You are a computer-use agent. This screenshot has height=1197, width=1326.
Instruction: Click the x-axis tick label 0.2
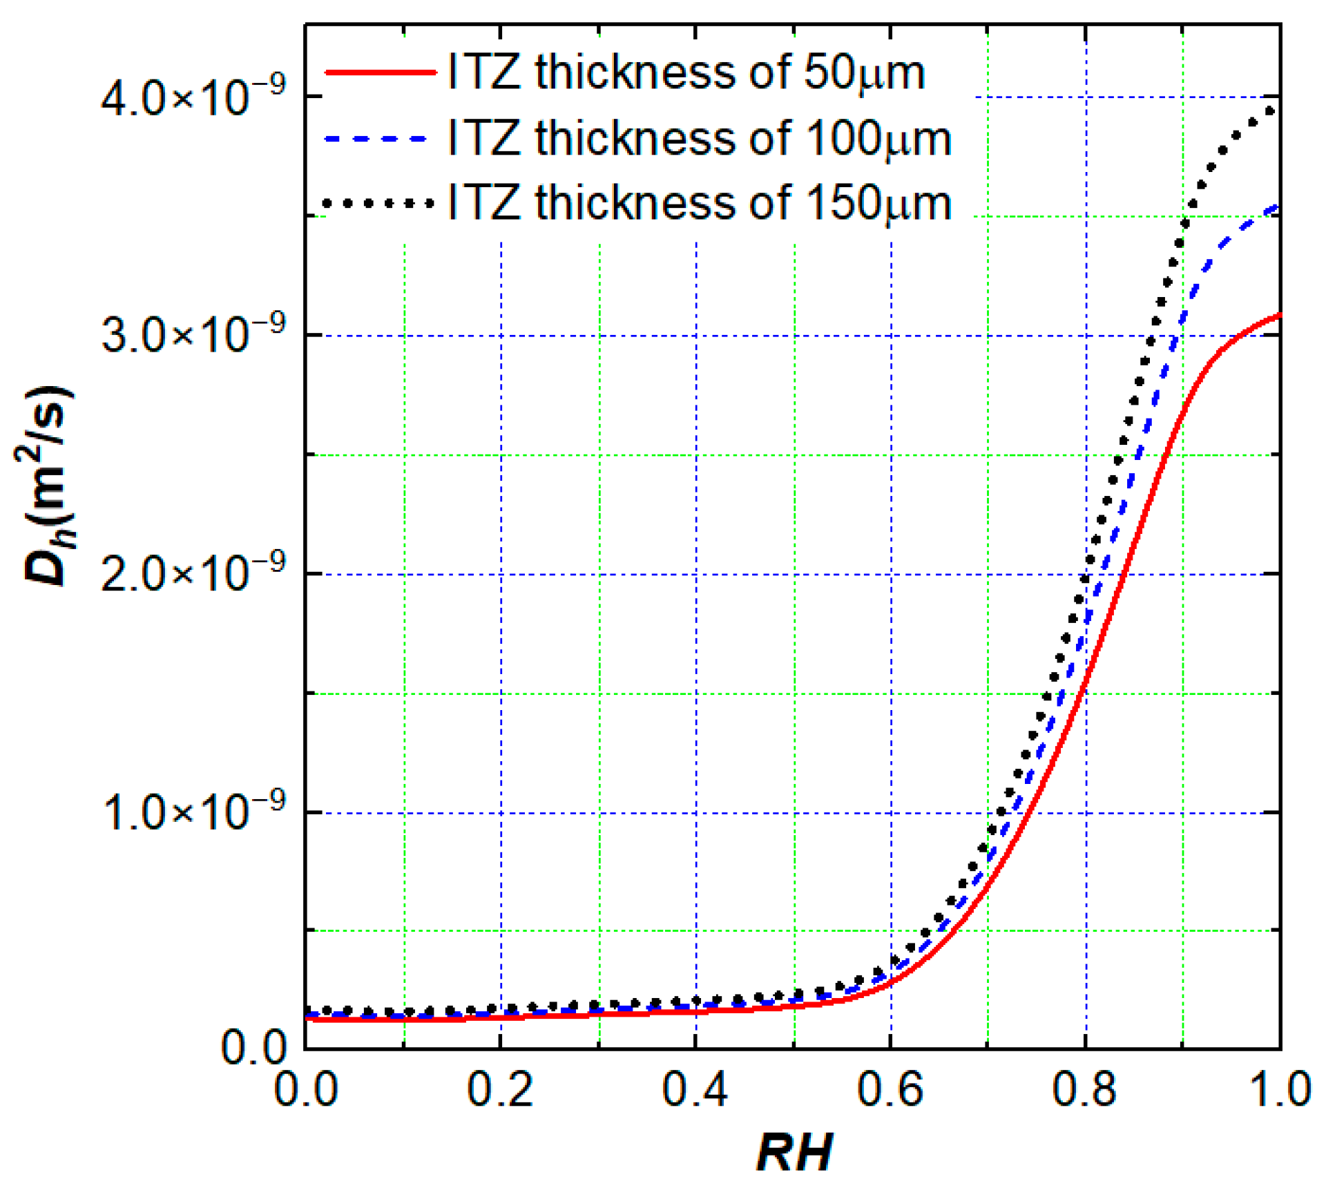click(x=500, y=1090)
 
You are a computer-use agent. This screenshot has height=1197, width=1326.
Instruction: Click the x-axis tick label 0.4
click(x=695, y=1090)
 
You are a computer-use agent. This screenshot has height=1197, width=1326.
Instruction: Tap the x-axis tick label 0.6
click(x=890, y=1090)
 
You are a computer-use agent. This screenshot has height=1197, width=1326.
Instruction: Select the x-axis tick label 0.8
click(x=1085, y=1090)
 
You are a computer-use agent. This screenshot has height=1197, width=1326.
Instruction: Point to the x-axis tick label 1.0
click(x=1280, y=1090)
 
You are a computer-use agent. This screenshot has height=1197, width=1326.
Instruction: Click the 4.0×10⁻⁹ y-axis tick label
click(x=193, y=97)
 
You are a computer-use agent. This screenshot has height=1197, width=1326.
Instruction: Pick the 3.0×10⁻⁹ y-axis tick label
click(x=193, y=336)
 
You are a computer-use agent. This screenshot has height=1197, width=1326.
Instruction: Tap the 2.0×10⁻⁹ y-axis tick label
click(x=193, y=574)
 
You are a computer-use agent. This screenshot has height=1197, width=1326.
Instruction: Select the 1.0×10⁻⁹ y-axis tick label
click(x=193, y=812)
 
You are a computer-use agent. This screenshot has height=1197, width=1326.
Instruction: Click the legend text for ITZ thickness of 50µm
click(x=686, y=73)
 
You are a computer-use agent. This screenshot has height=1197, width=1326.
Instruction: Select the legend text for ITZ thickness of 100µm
click(x=700, y=138)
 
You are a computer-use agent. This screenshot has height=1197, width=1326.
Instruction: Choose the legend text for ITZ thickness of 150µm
click(x=700, y=203)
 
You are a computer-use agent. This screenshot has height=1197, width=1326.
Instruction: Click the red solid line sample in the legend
click(x=381, y=72)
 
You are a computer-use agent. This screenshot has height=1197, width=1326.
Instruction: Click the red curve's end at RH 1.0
click(x=1278, y=316)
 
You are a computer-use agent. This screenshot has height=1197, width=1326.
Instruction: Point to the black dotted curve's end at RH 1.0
click(x=1269, y=111)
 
